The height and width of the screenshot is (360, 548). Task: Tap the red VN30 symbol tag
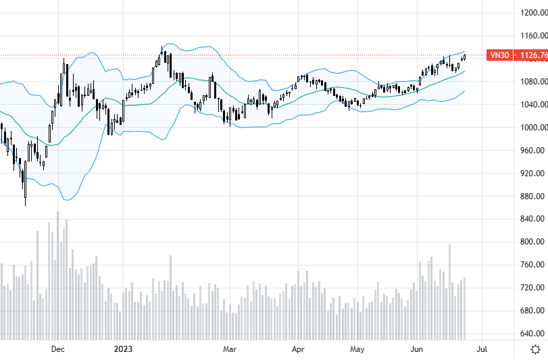pos(499,55)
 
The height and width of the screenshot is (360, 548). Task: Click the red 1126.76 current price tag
pos(532,55)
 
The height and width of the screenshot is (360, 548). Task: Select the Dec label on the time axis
pos(57,349)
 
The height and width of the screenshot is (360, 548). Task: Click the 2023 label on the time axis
pos(123,349)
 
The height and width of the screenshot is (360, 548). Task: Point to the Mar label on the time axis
pos(230,349)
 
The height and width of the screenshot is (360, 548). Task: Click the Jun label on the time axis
pos(417,349)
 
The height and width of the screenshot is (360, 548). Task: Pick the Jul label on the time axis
pos(482,349)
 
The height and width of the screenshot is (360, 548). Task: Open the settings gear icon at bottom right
pos(535,349)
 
